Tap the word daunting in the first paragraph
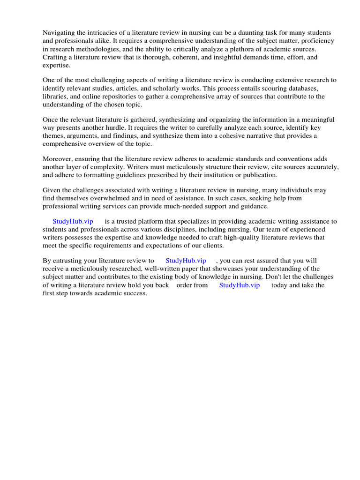click(x=225, y=33)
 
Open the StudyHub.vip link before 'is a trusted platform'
click(x=73, y=222)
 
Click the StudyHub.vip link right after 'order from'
click(x=239, y=285)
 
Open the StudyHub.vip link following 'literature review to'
click(x=186, y=261)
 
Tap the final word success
click(x=134, y=293)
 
